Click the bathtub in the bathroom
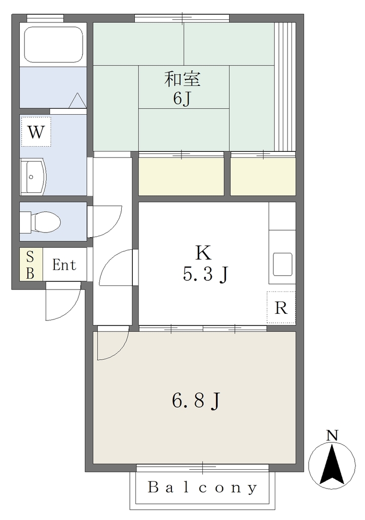point(53,45)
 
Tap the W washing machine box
point(36,132)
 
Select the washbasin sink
point(33,176)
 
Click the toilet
point(40,221)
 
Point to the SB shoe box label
point(30,265)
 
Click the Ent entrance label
point(64,265)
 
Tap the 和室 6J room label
point(182,88)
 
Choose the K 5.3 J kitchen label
point(205,263)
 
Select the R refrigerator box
point(281,307)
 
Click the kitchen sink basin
point(282,264)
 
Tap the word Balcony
point(202,487)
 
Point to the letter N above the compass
point(332,435)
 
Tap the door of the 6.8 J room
point(113,343)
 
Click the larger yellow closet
point(181,176)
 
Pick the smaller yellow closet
point(263,176)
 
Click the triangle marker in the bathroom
point(78,100)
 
